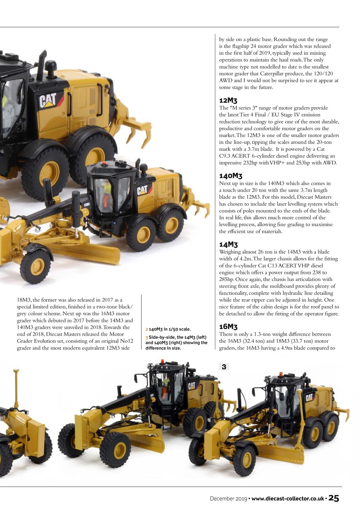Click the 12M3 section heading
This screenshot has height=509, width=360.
(x=228, y=101)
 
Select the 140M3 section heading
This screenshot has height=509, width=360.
(x=231, y=176)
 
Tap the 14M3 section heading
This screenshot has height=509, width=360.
(x=228, y=244)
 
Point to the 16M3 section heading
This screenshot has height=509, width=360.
(x=228, y=327)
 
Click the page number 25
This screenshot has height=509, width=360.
(x=333, y=498)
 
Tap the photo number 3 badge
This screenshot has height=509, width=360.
(x=224, y=367)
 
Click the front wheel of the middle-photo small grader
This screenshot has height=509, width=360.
(x=36, y=266)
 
